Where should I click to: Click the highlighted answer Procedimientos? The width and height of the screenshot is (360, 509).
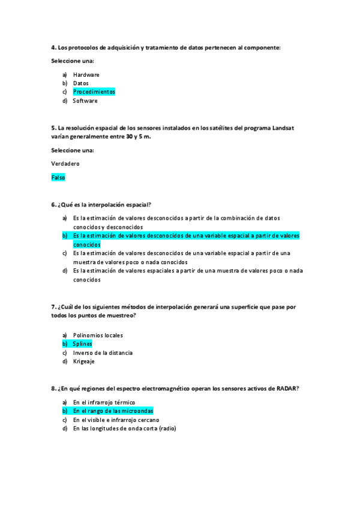[x=94, y=92]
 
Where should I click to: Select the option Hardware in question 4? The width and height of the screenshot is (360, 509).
[x=86, y=74]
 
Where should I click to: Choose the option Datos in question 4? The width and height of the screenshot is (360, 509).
[x=80, y=83]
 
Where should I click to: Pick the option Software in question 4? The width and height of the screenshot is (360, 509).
[x=85, y=101]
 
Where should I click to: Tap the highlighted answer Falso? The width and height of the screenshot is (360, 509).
[x=58, y=178]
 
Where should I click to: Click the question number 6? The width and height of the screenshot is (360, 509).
[x=53, y=205]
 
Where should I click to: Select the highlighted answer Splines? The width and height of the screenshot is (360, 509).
[x=82, y=344]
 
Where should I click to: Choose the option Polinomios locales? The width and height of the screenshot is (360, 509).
[x=98, y=335]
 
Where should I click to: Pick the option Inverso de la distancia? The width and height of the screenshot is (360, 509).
[x=103, y=352]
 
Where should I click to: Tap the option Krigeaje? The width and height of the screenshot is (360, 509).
[x=84, y=361]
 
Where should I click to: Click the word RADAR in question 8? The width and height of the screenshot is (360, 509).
[x=286, y=388]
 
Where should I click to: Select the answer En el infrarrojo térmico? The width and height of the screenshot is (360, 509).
[x=104, y=402]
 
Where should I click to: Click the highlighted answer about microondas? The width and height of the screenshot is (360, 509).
[x=113, y=411]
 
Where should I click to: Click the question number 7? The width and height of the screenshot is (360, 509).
[x=53, y=307]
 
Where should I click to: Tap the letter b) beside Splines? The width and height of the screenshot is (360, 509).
[x=64, y=344]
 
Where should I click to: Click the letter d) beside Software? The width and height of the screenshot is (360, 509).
[x=64, y=101]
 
